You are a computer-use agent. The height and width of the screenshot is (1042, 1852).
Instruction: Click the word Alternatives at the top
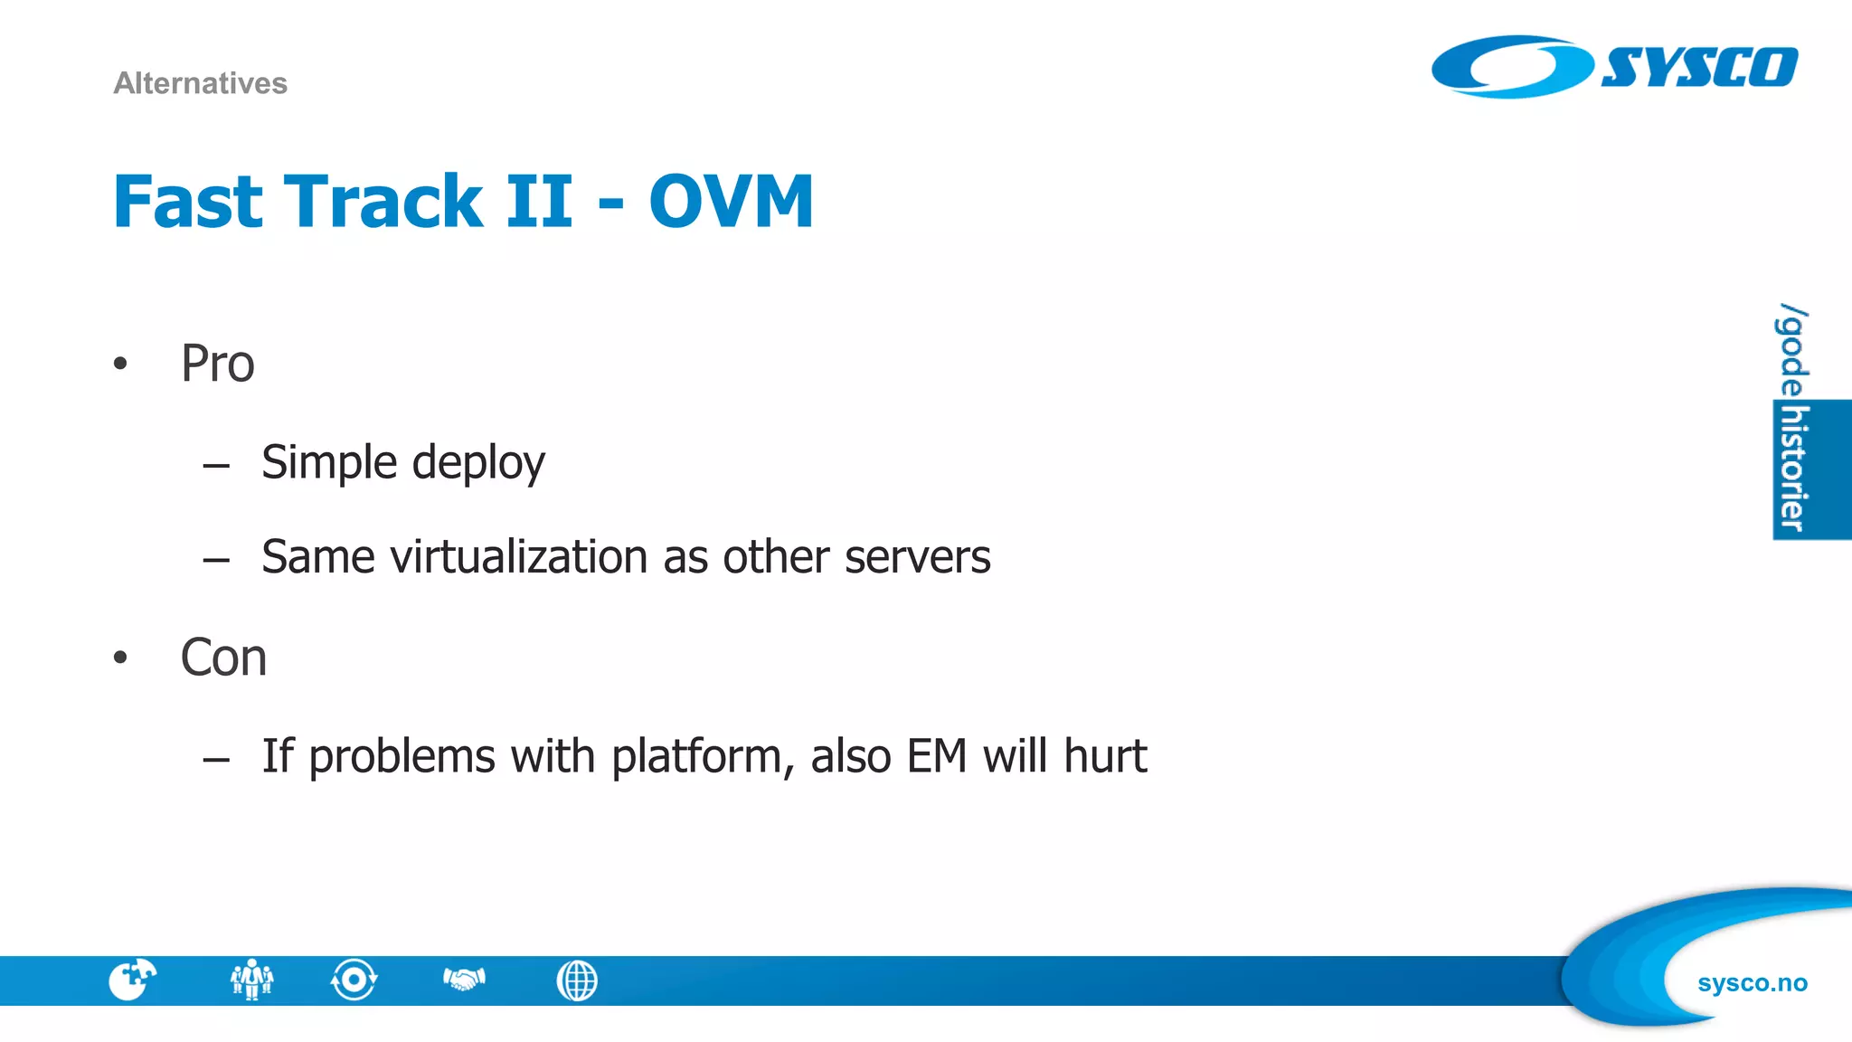(200, 83)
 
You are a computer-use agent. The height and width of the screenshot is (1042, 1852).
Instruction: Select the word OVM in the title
(731, 201)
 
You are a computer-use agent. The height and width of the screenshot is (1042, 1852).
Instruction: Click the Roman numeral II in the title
(539, 201)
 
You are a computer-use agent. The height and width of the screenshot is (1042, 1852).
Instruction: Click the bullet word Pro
(217, 364)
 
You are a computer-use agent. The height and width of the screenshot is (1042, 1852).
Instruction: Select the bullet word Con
(223, 658)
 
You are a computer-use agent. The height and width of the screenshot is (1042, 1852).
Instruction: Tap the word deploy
(478, 463)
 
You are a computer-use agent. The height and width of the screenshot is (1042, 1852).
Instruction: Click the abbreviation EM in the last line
(937, 756)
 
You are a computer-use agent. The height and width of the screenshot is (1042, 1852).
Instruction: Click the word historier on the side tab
(1793, 469)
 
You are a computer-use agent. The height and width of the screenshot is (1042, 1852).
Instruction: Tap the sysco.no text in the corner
(1752, 983)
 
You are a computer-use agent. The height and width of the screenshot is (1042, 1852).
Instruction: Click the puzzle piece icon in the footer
(132, 980)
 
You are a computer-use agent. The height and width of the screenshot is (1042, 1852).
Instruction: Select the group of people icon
(251, 980)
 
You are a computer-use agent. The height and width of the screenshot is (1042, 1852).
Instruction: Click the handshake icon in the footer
(464, 979)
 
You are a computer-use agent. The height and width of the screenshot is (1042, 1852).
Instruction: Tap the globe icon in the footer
(577, 980)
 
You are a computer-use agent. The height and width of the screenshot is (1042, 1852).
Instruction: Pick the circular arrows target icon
(354, 980)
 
